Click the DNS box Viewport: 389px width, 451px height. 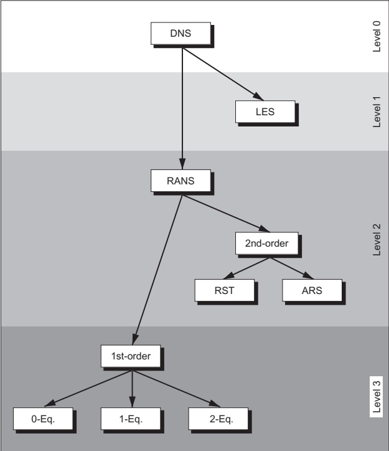180,34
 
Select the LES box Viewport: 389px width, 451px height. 265,112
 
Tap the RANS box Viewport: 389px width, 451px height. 180,181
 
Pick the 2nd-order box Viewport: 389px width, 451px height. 267,244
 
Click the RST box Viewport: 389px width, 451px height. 225,290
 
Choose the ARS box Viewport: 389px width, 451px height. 312,290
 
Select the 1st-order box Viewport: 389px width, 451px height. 131,356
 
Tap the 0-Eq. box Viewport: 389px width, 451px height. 43,419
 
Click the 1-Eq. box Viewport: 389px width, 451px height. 131,419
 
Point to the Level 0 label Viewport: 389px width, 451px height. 377,36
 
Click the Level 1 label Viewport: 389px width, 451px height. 377,112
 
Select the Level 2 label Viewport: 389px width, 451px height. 377,240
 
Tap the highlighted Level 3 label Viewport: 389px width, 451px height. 377,397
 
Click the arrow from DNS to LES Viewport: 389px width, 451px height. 223,74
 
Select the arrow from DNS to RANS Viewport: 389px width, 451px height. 182,109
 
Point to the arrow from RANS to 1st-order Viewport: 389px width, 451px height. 157,270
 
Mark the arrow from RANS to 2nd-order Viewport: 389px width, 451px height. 226,214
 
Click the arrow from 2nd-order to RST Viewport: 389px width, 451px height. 246,268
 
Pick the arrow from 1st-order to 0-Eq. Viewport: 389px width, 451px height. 88,388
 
